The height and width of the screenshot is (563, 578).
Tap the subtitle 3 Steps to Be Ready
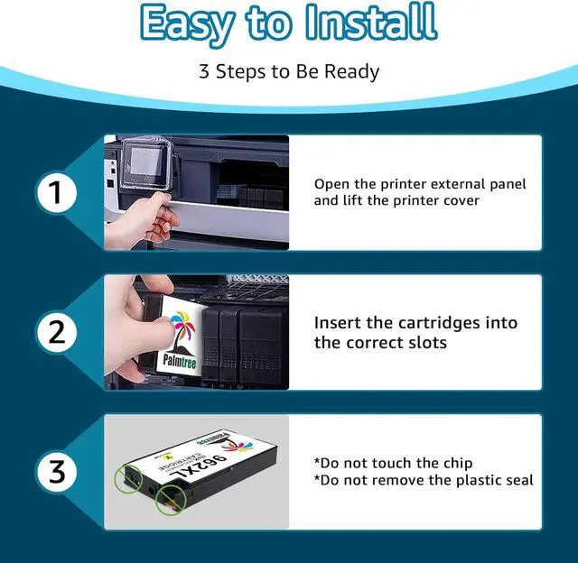288,71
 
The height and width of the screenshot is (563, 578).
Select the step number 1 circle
57,192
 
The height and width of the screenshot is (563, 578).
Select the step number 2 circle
57,332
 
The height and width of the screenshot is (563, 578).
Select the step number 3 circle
57,472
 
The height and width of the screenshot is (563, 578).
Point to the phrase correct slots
387,342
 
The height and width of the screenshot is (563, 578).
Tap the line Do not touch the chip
393,464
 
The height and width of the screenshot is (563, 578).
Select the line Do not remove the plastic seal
423,480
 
